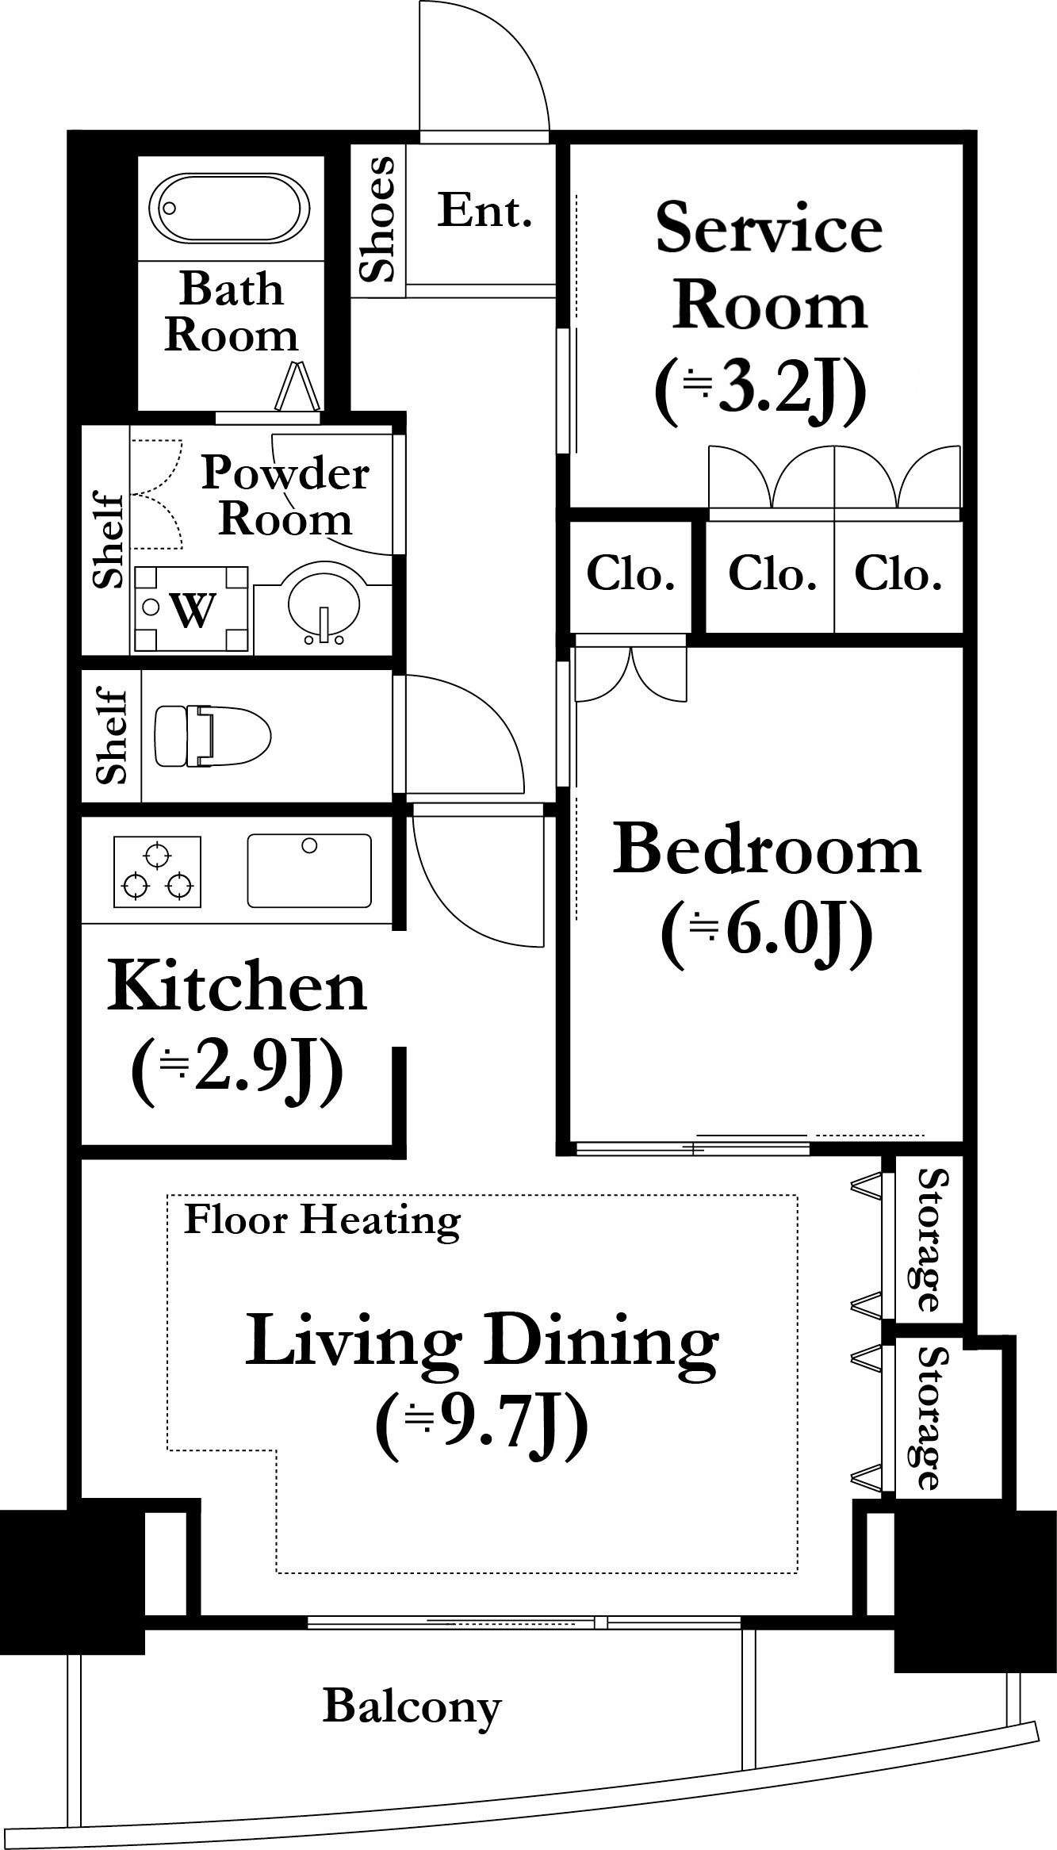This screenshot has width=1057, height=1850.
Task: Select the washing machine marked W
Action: [191, 609]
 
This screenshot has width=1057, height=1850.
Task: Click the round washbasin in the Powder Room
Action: [324, 603]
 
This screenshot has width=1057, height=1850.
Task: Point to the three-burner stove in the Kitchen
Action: [157, 870]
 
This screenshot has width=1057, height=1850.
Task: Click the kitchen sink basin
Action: [309, 870]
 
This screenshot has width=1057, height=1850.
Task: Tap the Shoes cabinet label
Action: [377, 219]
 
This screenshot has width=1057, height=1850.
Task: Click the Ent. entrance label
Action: [484, 212]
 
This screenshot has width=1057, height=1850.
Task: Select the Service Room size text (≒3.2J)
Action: [759, 391]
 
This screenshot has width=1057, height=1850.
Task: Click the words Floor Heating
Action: [322, 1220]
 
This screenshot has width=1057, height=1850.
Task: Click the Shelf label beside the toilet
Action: [113, 736]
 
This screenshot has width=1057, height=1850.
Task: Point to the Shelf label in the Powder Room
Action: [109, 541]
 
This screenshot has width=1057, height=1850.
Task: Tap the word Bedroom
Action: [767, 849]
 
